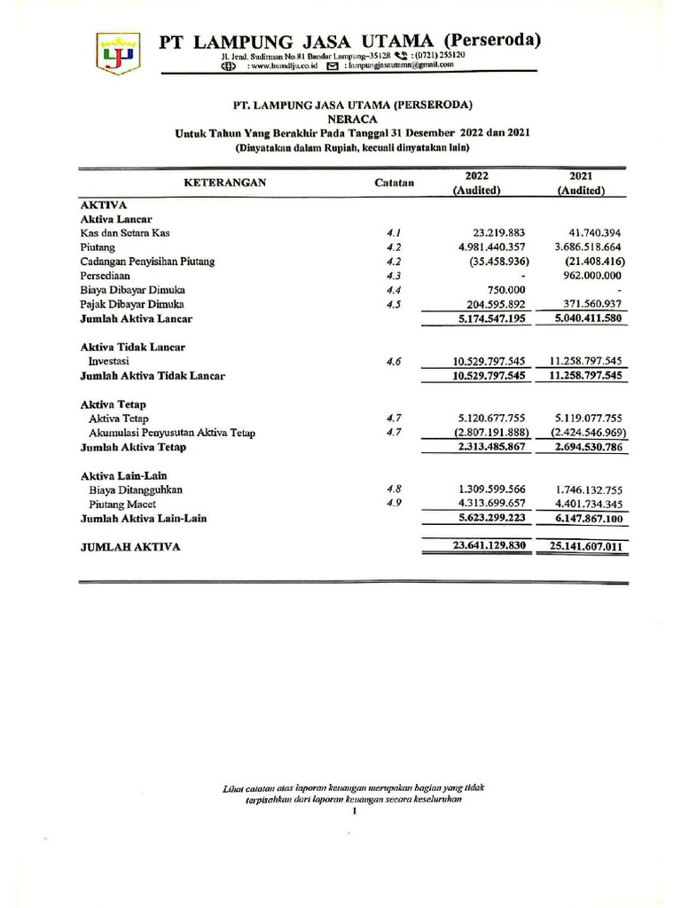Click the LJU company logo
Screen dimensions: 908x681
(x=118, y=52)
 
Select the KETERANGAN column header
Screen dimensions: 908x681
(x=224, y=183)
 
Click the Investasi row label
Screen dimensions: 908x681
(x=108, y=361)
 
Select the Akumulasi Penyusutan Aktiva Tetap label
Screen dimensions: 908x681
(x=172, y=433)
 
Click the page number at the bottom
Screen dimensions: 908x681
(x=353, y=810)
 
